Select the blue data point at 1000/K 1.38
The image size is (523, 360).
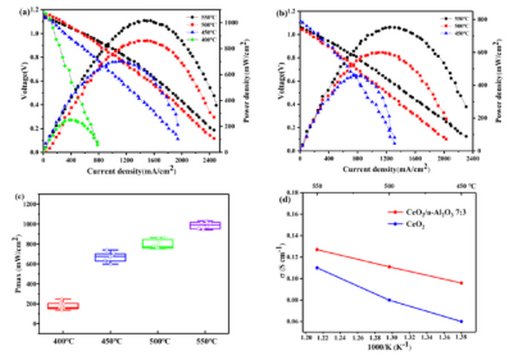pyautogui.click(x=461, y=322)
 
